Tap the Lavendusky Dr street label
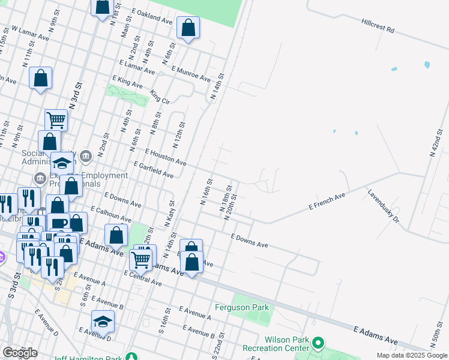click(384, 207)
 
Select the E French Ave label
click(327, 201)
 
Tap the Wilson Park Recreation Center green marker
click(318, 343)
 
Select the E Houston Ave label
click(166, 157)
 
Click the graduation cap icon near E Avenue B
click(103, 322)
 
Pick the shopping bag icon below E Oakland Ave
click(188, 28)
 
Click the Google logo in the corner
click(20, 353)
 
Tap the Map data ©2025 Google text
click(412, 355)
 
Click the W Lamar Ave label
click(29, 32)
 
